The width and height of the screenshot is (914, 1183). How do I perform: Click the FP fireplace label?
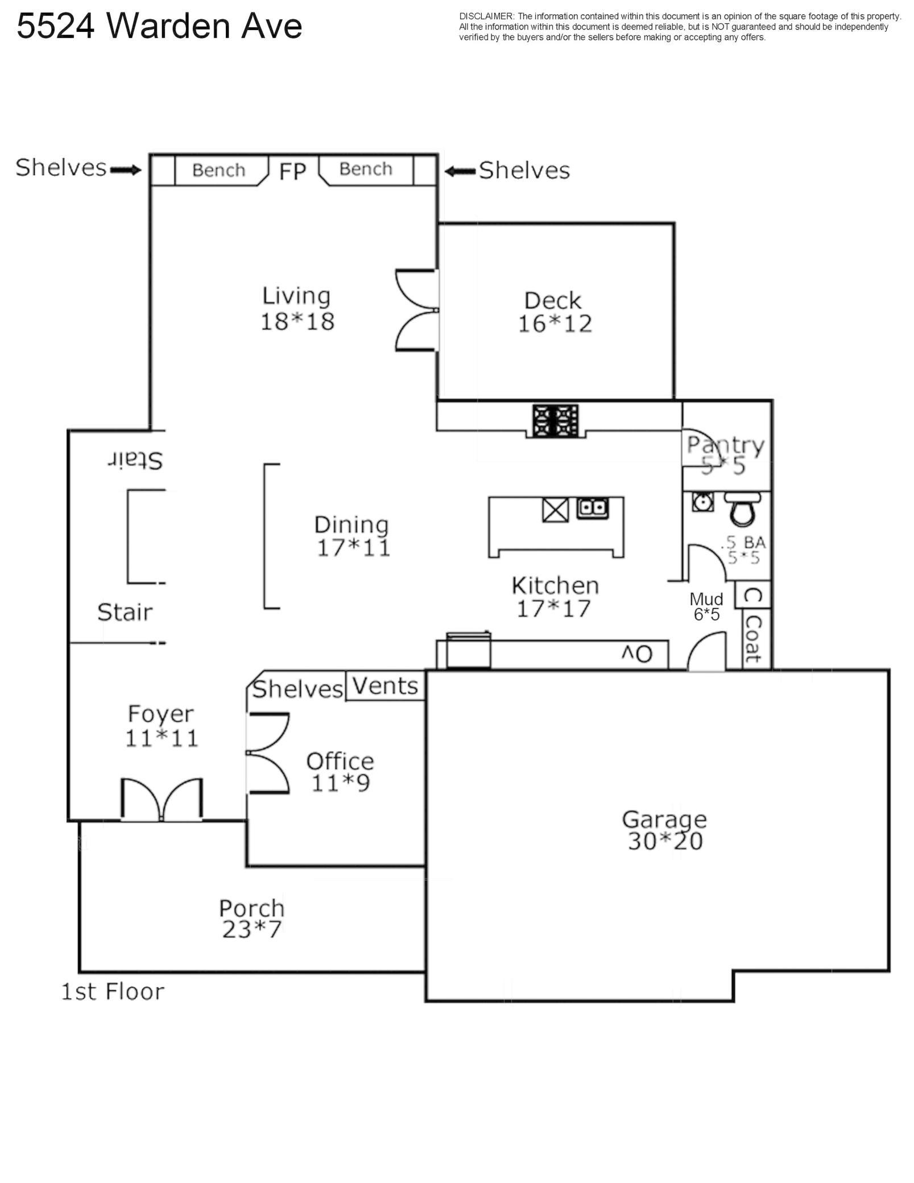point(292,171)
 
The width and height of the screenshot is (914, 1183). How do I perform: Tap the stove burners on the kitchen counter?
point(555,421)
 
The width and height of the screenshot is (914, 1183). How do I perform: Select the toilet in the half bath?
point(742,508)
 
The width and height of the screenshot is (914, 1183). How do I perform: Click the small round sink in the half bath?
point(703,502)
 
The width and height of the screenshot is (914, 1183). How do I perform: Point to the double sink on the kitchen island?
point(593,508)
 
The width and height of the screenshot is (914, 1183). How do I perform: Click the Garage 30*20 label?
point(664,830)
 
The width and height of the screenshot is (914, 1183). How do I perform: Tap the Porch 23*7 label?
point(252,918)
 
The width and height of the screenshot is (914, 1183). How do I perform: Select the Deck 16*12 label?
point(555,312)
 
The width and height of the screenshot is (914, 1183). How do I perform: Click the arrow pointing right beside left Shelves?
point(125,169)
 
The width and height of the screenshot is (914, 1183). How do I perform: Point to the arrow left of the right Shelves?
point(460,171)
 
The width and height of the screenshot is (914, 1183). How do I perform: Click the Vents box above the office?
point(386,686)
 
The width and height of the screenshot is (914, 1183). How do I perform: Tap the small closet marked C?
point(753,595)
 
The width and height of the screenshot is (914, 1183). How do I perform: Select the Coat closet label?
point(753,639)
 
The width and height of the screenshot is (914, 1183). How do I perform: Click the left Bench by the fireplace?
point(219,170)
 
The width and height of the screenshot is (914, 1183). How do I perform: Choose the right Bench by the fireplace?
point(366,169)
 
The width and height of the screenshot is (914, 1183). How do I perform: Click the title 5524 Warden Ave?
point(159,26)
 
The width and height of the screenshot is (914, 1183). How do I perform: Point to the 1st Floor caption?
point(113,991)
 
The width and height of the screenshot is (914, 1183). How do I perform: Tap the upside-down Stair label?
point(135,460)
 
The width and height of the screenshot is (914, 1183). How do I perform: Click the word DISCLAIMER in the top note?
point(486,16)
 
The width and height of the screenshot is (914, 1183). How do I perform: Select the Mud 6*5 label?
point(706,606)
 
